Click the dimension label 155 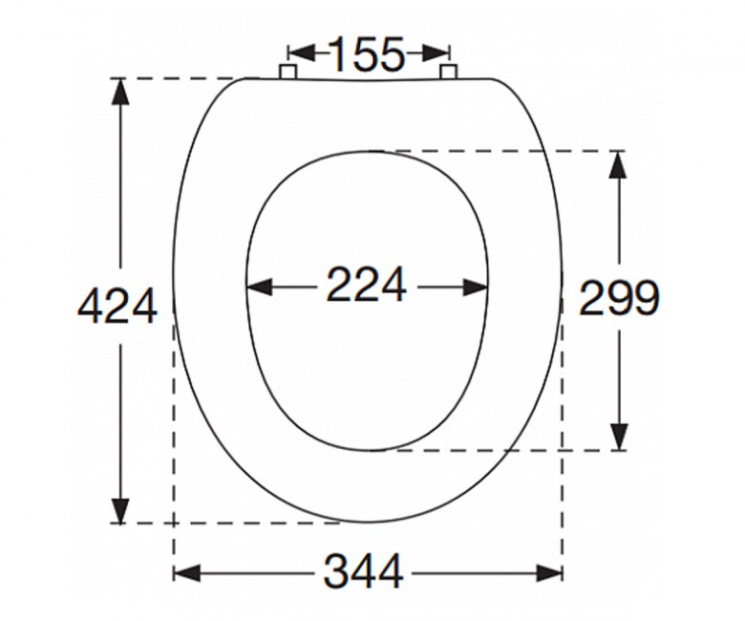[x=367, y=54]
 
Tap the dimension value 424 [x=117, y=306]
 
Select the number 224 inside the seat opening [x=367, y=285]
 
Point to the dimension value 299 [x=619, y=298]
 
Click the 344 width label [x=364, y=571]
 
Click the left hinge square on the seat [x=287, y=72]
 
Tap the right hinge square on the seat [x=448, y=72]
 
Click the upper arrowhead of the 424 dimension [x=120, y=91]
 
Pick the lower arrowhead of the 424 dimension [x=120, y=510]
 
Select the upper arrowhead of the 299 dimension [x=618, y=164]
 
